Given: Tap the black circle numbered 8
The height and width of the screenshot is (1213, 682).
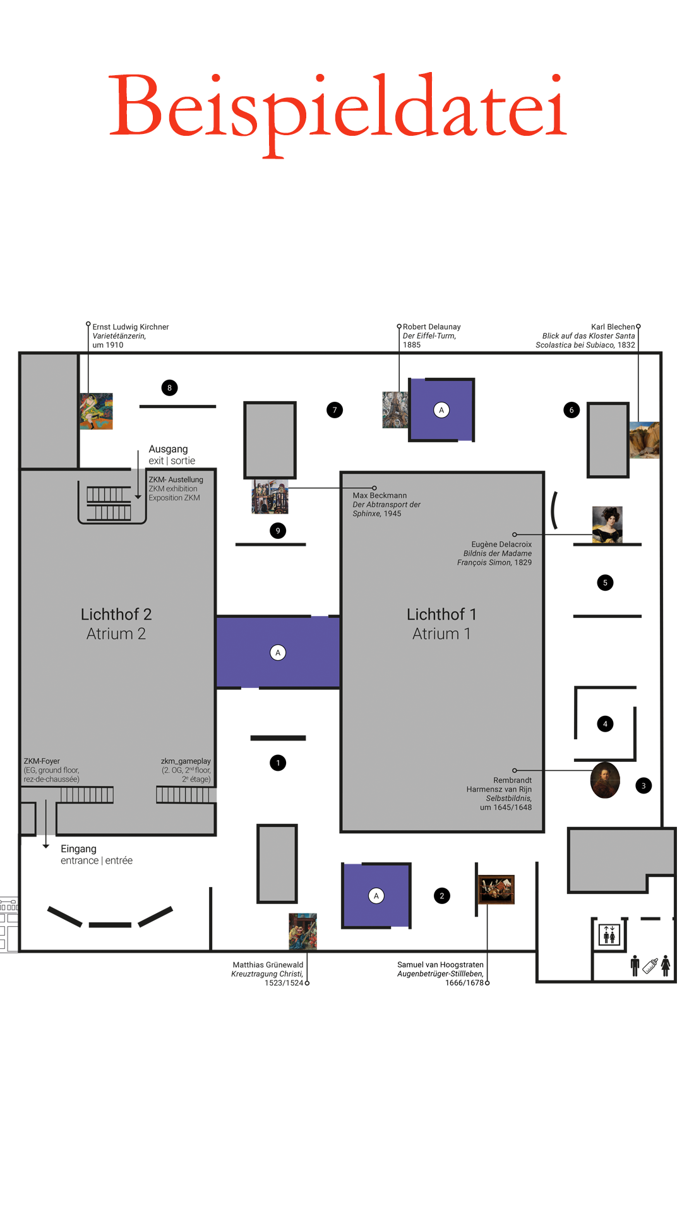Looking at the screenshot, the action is tap(169, 388).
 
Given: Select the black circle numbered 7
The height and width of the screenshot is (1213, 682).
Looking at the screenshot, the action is tap(335, 410).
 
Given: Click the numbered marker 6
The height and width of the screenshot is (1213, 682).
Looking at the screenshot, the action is tap(571, 410).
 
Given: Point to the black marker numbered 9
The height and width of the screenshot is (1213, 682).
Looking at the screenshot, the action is tap(278, 531).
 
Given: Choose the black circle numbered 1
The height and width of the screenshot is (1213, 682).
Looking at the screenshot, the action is tap(278, 763).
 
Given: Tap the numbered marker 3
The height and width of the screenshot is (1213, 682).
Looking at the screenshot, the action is tap(643, 786).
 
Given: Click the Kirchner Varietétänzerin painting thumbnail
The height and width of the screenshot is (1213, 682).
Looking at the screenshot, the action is tap(97, 411).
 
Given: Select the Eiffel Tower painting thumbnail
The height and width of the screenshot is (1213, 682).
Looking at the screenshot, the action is tap(395, 410).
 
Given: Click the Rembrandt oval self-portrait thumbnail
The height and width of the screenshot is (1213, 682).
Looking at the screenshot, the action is tap(605, 780).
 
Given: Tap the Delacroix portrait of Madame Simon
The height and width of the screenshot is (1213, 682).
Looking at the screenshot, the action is tap(607, 524).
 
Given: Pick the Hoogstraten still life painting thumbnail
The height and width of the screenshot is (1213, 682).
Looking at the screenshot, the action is tap(496, 890).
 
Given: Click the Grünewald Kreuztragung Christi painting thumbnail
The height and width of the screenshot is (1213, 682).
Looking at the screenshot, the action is tap(302, 931).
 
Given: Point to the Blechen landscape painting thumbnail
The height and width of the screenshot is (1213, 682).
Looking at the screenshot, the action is tap(645, 440).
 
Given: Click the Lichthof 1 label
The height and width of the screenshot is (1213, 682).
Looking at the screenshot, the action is tap(441, 614).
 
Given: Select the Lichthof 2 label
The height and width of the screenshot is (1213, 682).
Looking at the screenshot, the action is tap(116, 614).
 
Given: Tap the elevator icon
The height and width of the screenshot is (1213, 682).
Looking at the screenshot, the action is tap(609, 934).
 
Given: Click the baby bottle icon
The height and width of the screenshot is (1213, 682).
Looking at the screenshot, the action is tap(650, 965).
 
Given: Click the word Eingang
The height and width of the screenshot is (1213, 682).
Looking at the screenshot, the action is tap(78, 849).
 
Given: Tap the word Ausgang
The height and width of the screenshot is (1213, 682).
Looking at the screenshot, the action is tap(168, 449).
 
